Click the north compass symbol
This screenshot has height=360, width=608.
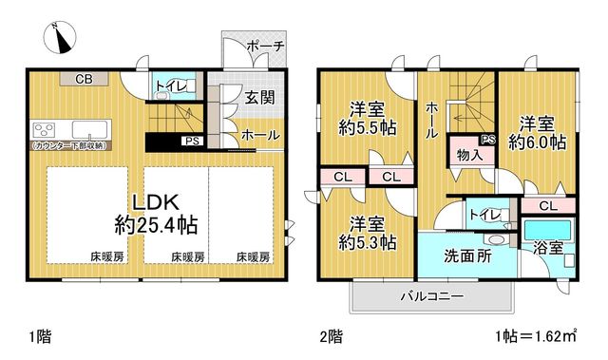[x=60, y=38]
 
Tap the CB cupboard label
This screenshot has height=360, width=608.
[x=85, y=80]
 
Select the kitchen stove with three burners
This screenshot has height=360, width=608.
[x=45, y=130]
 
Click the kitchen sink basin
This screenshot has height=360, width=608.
[x=89, y=129]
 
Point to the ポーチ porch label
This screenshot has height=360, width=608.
[x=265, y=47]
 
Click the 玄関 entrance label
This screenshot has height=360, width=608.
[x=259, y=97]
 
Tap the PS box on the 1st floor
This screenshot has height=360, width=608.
[x=192, y=141]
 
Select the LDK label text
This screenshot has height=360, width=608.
[x=156, y=202]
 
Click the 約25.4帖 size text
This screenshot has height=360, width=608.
[x=156, y=225]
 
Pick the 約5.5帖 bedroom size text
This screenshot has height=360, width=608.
[x=368, y=127]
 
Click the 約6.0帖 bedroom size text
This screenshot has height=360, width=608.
[x=537, y=142]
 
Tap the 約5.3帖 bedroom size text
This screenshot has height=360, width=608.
[x=368, y=242]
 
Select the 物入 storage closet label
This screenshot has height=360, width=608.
[x=469, y=155]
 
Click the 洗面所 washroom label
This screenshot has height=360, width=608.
[x=467, y=256]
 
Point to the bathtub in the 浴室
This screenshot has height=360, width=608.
[x=547, y=230]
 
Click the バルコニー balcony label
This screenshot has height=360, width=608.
[x=431, y=297]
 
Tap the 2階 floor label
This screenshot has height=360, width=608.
[x=332, y=336]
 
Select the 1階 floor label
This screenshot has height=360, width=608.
[x=40, y=336]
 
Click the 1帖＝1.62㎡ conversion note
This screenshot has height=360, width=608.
[x=536, y=335]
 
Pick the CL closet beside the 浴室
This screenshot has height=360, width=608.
[x=547, y=206]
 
